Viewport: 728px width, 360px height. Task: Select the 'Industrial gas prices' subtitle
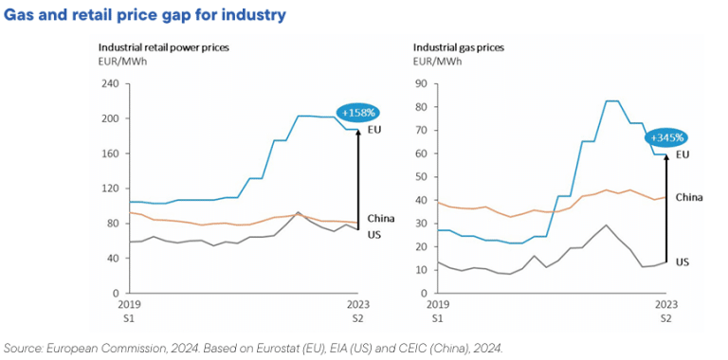pos(458,46)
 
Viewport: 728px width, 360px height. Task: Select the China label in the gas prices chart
pos(689,197)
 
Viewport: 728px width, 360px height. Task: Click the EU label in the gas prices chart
pos(682,153)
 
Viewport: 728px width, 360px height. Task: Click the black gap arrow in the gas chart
pos(666,208)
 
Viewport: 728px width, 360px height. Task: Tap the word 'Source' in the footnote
pos(23,347)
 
